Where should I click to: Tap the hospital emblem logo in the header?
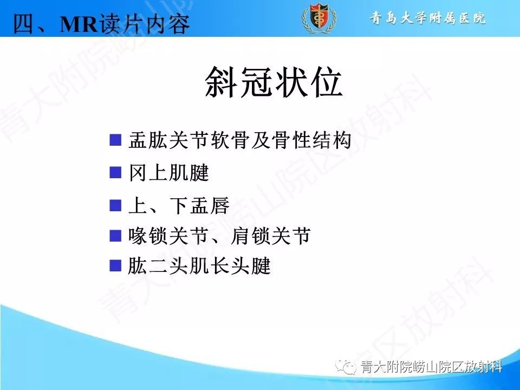pyautogui.click(x=318, y=18)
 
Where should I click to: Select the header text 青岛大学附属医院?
pyautogui.click(x=428, y=18)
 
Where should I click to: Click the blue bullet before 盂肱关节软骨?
pyautogui.click(x=115, y=141)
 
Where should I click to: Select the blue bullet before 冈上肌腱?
pyautogui.click(x=115, y=173)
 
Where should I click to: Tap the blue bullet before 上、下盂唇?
pyautogui.click(x=115, y=205)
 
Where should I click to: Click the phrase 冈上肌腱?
pyautogui.click(x=168, y=173)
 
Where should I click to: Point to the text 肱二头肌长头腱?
pyautogui.click(x=199, y=266)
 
